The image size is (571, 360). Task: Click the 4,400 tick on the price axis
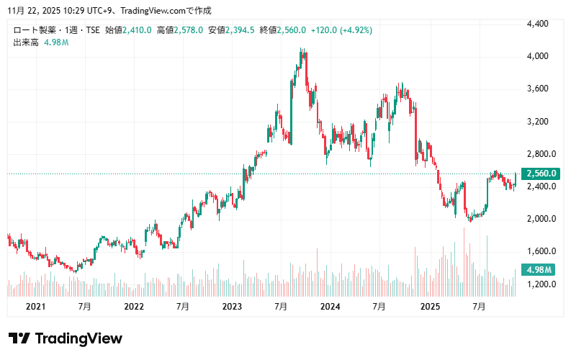(538, 24)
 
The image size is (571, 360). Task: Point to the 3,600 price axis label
(538, 89)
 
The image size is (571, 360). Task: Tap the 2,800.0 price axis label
(540, 154)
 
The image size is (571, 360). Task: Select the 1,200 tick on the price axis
(538, 284)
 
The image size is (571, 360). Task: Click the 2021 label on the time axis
(35, 307)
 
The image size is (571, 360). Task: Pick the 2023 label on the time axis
(233, 307)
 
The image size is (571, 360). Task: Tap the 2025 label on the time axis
(430, 307)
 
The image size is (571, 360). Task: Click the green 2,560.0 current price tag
(542, 174)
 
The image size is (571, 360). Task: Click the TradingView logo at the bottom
(66, 338)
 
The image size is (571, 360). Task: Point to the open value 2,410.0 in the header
(137, 30)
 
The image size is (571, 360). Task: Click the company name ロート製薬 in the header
(32, 30)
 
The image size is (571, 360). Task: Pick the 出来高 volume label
(26, 42)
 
